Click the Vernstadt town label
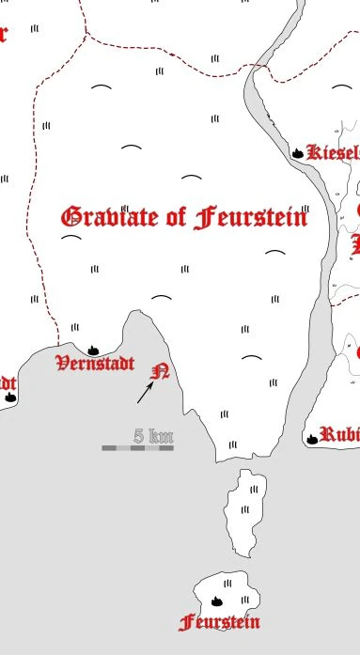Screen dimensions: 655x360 (95, 363)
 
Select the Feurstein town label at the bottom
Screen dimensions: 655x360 (219, 621)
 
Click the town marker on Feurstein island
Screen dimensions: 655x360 (216, 600)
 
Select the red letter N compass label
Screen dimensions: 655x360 (161, 371)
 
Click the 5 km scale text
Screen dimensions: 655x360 (153, 435)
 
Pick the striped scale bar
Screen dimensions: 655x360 (137, 448)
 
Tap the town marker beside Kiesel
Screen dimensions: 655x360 (298, 152)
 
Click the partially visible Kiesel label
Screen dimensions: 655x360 (334, 152)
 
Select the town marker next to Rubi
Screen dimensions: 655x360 (311, 437)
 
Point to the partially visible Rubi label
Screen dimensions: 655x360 (339, 434)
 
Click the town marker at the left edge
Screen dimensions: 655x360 (10, 398)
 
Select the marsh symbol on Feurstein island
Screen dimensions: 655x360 (245, 599)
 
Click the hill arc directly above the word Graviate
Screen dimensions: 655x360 (132, 148)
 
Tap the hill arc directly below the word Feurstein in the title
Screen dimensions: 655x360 (274, 253)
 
